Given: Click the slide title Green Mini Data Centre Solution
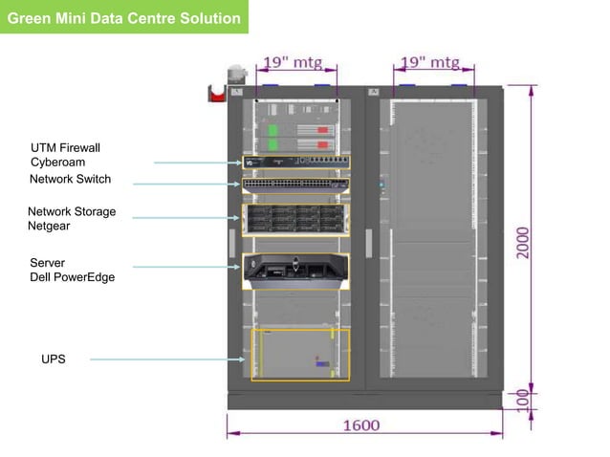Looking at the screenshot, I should coord(123,17).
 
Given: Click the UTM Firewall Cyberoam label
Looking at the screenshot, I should coord(65,155).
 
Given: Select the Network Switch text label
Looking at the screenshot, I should coord(70,179).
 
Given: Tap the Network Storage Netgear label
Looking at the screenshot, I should coord(71,219).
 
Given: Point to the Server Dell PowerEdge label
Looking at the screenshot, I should coord(72,270).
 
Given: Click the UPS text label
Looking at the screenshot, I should coord(54,359).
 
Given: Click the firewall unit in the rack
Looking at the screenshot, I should coord(295,162).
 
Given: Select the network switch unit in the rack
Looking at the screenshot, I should coord(295,184).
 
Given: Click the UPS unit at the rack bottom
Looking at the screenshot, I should coord(300,355).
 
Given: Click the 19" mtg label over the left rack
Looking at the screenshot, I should coord(295,63).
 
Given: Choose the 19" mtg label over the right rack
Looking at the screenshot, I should coord(429,63).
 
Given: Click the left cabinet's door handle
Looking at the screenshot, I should coord(231,242).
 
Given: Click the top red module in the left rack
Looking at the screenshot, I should coord(322,129).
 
